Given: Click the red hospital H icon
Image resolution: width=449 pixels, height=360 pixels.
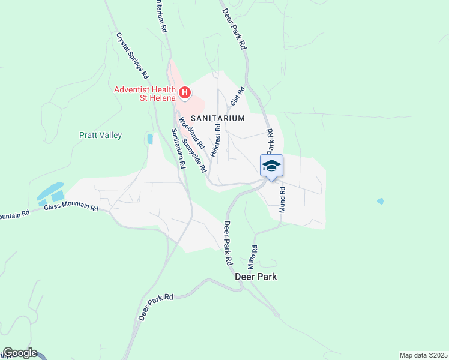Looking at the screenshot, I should pos(185,93).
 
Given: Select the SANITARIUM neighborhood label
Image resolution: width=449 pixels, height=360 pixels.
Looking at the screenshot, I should pos(218,118).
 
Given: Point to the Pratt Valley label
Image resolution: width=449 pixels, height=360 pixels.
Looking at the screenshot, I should pos(101,135).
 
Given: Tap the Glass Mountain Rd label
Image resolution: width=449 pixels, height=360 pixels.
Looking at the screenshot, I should pos(71,208).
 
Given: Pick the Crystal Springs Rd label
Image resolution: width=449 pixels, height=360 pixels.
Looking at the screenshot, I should pos(132,55).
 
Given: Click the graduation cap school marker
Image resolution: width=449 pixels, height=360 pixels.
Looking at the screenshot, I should pos(271,166).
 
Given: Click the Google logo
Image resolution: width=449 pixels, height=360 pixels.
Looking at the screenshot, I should pos(19,353).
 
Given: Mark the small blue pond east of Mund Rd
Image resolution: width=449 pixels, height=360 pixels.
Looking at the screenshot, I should pos(380,201).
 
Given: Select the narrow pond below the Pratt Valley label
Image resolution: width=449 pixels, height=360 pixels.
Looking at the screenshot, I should pos(149,139).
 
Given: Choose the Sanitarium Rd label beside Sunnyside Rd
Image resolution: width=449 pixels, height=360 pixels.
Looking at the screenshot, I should pos(178,148).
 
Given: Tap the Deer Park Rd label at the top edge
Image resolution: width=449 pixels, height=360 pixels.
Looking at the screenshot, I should pos(234,29).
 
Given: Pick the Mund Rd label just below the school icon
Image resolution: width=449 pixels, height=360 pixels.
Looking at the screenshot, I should pos(281,197).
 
